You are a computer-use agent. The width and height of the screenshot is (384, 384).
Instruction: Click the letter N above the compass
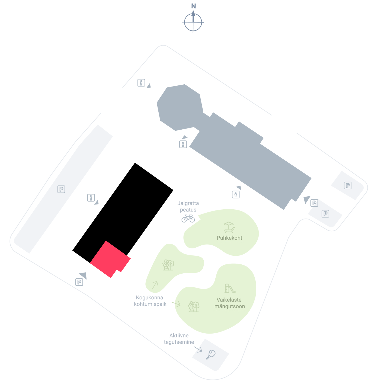tap(193, 6)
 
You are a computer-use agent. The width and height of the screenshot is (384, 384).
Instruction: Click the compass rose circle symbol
tap(193, 22)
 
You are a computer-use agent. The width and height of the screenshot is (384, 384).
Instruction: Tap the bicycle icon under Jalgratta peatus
tap(188, 218)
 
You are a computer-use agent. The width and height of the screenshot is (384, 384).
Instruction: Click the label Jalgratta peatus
tap(188, 206)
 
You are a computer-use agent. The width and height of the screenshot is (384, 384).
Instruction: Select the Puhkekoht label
tap(229, 238)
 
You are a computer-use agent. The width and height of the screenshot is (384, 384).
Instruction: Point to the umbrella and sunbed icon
tap(229, 227)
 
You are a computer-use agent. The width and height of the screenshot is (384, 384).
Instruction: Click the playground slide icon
tap(230, 288)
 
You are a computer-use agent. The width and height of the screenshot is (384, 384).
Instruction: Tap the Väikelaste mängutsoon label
tap(229, 303)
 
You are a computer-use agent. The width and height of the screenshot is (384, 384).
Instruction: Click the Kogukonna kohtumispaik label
tap(150, 301)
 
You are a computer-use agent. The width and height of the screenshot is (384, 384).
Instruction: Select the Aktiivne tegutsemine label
tap(179, 338)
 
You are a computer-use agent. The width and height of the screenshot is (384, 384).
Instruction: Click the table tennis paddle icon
tap(210, 355)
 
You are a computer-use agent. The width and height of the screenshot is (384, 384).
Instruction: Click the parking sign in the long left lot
tap(61, 189)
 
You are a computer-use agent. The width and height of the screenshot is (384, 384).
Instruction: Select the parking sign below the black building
tap(79, 282)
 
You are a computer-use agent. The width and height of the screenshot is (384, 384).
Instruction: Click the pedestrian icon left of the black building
tap(91, 198)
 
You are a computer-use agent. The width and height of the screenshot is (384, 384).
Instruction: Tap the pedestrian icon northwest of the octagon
tap(141, 82)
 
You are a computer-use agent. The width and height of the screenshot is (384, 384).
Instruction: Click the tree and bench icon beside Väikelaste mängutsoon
tap(194, 307)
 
